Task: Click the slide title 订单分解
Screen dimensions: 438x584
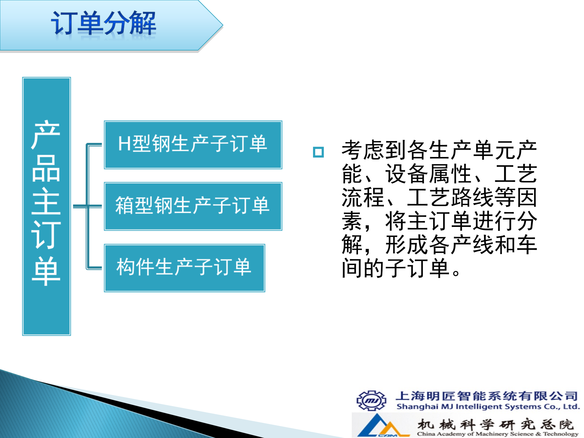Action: [x=103, y=24]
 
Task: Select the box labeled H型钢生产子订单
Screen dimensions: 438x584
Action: [x=193, y=145]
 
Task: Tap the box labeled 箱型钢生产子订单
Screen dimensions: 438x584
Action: [x=193, y=206]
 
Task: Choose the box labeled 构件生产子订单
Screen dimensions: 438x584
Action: [x=184, y=268]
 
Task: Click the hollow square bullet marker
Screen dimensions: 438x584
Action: [x=318, y=152]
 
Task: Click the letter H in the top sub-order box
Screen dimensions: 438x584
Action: [x=124, y=144]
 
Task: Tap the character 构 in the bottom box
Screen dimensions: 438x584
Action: [x=126, y=267]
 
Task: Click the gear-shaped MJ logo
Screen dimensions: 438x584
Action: [x=371, y=400]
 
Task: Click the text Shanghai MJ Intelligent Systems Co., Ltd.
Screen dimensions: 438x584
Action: [x=488, y=407]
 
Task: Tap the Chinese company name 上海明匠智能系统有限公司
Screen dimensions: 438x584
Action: [x=487, y=396]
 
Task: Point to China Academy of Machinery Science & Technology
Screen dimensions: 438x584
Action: [x=498, y=434]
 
